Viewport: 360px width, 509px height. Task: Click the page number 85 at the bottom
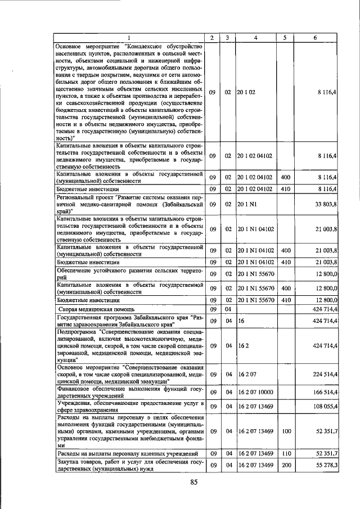194,482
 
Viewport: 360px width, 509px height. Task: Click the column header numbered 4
256,38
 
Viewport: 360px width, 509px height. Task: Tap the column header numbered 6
314,38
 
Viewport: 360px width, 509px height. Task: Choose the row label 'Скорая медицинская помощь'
95,309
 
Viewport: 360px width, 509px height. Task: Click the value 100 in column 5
285,432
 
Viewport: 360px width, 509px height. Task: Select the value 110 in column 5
285,453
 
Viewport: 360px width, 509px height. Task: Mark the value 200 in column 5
285,465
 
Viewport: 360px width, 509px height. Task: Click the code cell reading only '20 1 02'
246,91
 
